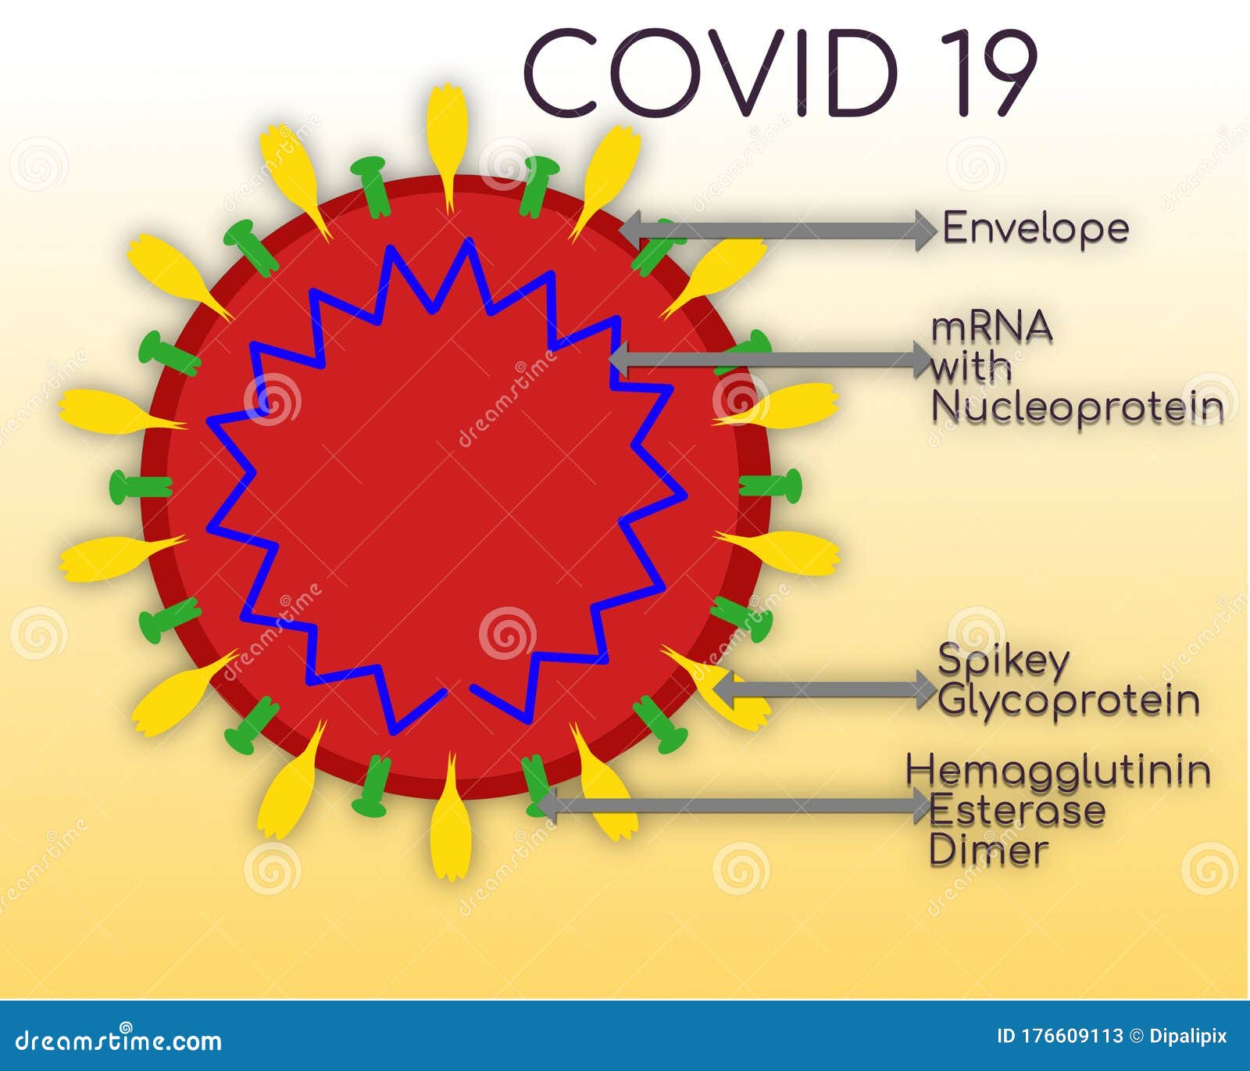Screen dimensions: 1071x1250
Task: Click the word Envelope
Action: [1036, 228]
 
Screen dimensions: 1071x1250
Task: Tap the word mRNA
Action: [991, 328]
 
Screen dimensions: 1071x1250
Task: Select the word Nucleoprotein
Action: [1077, 407]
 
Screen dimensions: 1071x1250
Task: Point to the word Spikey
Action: [1003, 661]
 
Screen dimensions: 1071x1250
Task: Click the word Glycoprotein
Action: [1069, 700]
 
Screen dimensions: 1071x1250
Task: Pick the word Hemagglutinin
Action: [1059, 771]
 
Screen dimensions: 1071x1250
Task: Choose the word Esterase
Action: [1017, 811]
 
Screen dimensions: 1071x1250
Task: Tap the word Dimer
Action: [988, 851]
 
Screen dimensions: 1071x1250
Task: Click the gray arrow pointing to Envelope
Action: [778, 230]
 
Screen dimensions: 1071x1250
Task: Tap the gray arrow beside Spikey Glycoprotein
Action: [825, 690]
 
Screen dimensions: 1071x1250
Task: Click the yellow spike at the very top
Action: [447, 141]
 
